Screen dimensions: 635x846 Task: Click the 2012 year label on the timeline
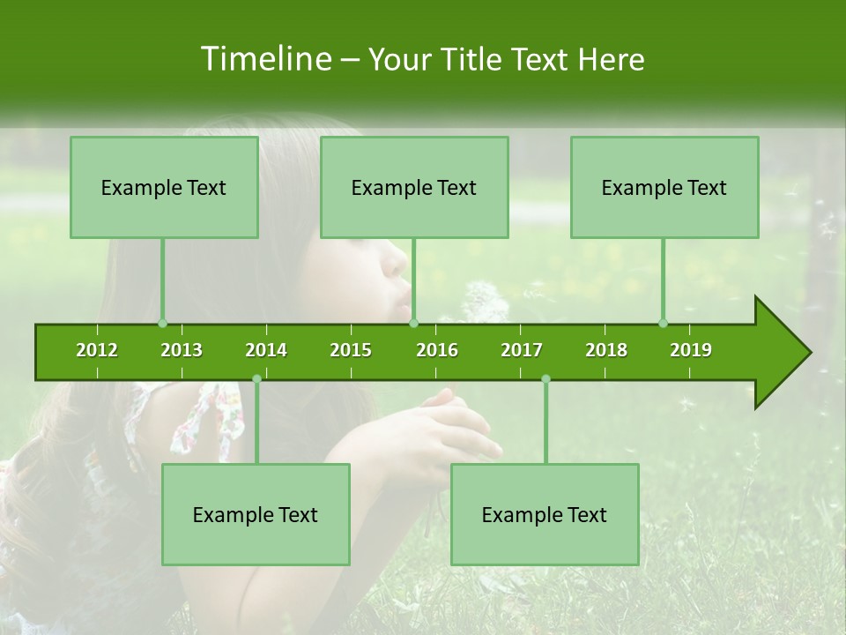(x=97, y=350)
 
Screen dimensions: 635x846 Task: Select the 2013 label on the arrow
(x=182, y=350)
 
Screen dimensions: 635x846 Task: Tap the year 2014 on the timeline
(x=266, y=350)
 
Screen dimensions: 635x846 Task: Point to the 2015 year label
(x=351, y=350)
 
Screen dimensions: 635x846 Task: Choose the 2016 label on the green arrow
(x=437, y=350)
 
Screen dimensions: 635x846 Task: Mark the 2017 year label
(x=522, y=350)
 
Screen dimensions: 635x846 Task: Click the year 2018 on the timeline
(x=606, y=350)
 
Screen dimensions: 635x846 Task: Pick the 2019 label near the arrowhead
(x=691, y=350)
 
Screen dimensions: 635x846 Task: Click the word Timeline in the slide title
(x=264, y=59)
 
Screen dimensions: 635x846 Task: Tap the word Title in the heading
(x=473, y=59)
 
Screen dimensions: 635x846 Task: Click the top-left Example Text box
(x=164, y=187)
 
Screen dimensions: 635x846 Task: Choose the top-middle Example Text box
(x=414, y=187)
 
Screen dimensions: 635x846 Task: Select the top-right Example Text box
(x=664, y=187)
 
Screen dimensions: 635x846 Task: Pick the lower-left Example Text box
(x=256, y=514)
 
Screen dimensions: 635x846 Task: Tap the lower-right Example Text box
(x=545, y=514)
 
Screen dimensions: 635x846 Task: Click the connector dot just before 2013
(x=162, y=324)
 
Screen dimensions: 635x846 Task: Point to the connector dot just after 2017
(x=545, y=379)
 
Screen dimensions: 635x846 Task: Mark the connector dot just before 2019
(x=663, y=324)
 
